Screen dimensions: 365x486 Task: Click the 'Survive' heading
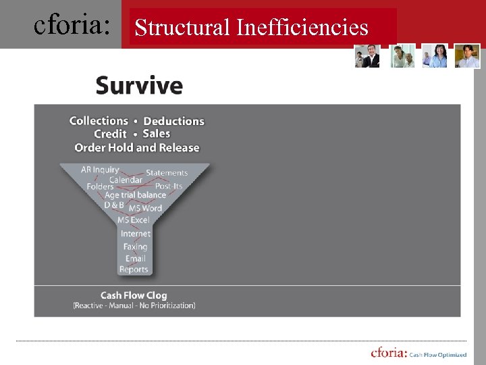(x=139, y=86)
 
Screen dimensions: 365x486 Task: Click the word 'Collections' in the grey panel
(x=99, y=121)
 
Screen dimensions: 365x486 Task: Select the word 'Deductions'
(x=173, y=121)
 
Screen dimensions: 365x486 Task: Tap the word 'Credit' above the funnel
(x=110, y=134)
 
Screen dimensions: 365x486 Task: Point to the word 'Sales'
(x=157, y=134)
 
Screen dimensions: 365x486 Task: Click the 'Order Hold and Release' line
(x=137, y=147)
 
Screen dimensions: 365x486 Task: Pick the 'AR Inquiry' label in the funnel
(x=100, y=170)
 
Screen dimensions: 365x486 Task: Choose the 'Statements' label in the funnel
(x=167, y=173)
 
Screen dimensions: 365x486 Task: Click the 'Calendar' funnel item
(x=126, y=180)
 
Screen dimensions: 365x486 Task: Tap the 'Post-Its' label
(x=169, y=186)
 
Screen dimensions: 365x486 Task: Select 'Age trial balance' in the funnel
(x=135, y=195)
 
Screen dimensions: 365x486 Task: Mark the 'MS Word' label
(x=145, y=208)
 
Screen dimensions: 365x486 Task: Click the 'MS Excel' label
(x=133, y=220)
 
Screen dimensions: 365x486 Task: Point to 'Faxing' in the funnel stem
(x=135, y=247)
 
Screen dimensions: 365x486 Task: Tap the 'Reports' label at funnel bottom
(x=134, y=269)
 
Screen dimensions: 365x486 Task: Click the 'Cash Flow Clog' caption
(x=134, y=295)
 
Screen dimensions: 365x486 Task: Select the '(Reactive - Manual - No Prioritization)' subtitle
(x=134, y=306)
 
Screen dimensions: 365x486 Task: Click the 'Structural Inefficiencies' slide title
(x=251, y=28)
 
